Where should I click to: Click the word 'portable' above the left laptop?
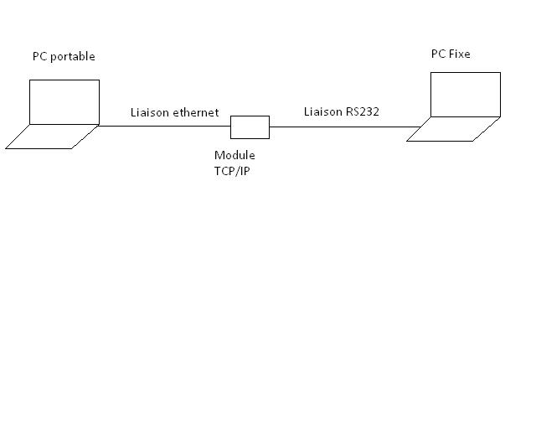pyautogui.click(x=73, y=57)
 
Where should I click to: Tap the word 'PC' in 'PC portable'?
pyautogui.click(x=39, y=57)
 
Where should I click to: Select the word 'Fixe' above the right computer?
pyautogui.click(x=459, y=54)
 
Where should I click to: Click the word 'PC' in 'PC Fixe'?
pyautogui.click(x=438, y=54)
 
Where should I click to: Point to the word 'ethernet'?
pyautogui.click(x=196, y=112)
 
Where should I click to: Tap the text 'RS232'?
pyautogui.click(x=364, y=111)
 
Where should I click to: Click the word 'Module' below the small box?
pyautogui.click(x=234, y=155)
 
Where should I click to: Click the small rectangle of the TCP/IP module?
pyautogui.click(x=250, y=127)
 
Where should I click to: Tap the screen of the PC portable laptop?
pyautogui.click(x=64, y=101)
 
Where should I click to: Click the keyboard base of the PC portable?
pyautogui.click(x=52, y=137)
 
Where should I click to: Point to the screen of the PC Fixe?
pyautogui.click(x=466, y=94)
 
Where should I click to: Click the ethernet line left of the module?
pyautogui.click(x=163, y=127)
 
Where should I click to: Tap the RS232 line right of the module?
pyautogui.click(x=343, y=127)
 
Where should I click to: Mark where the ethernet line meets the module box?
pyautogui.click(x=231, y=127)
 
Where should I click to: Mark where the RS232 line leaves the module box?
pyautogui.click(x=270, y=127)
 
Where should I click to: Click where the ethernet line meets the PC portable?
pyautogui.click(x=99, y=126)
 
